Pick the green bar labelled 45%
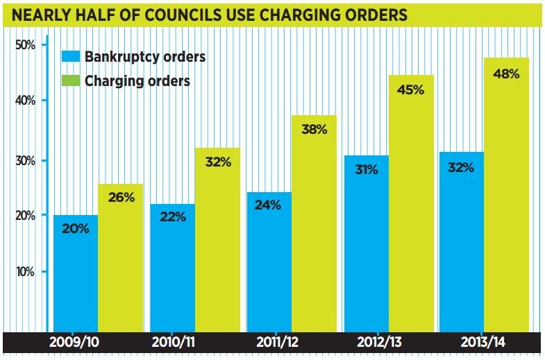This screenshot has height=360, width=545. [x=411, y=208]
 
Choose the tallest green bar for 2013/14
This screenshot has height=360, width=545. [x=507, y=201]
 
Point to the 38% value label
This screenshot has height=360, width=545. [x=314, y=128]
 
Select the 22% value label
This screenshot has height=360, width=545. [x=173, y=216]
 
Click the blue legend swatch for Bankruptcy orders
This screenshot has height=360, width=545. [x=70, y=57]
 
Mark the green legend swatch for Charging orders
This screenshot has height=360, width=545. [x=70, y=80]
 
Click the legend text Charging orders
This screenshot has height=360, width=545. [x=137, y=80]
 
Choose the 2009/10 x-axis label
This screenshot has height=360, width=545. [x=75, y=343]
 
